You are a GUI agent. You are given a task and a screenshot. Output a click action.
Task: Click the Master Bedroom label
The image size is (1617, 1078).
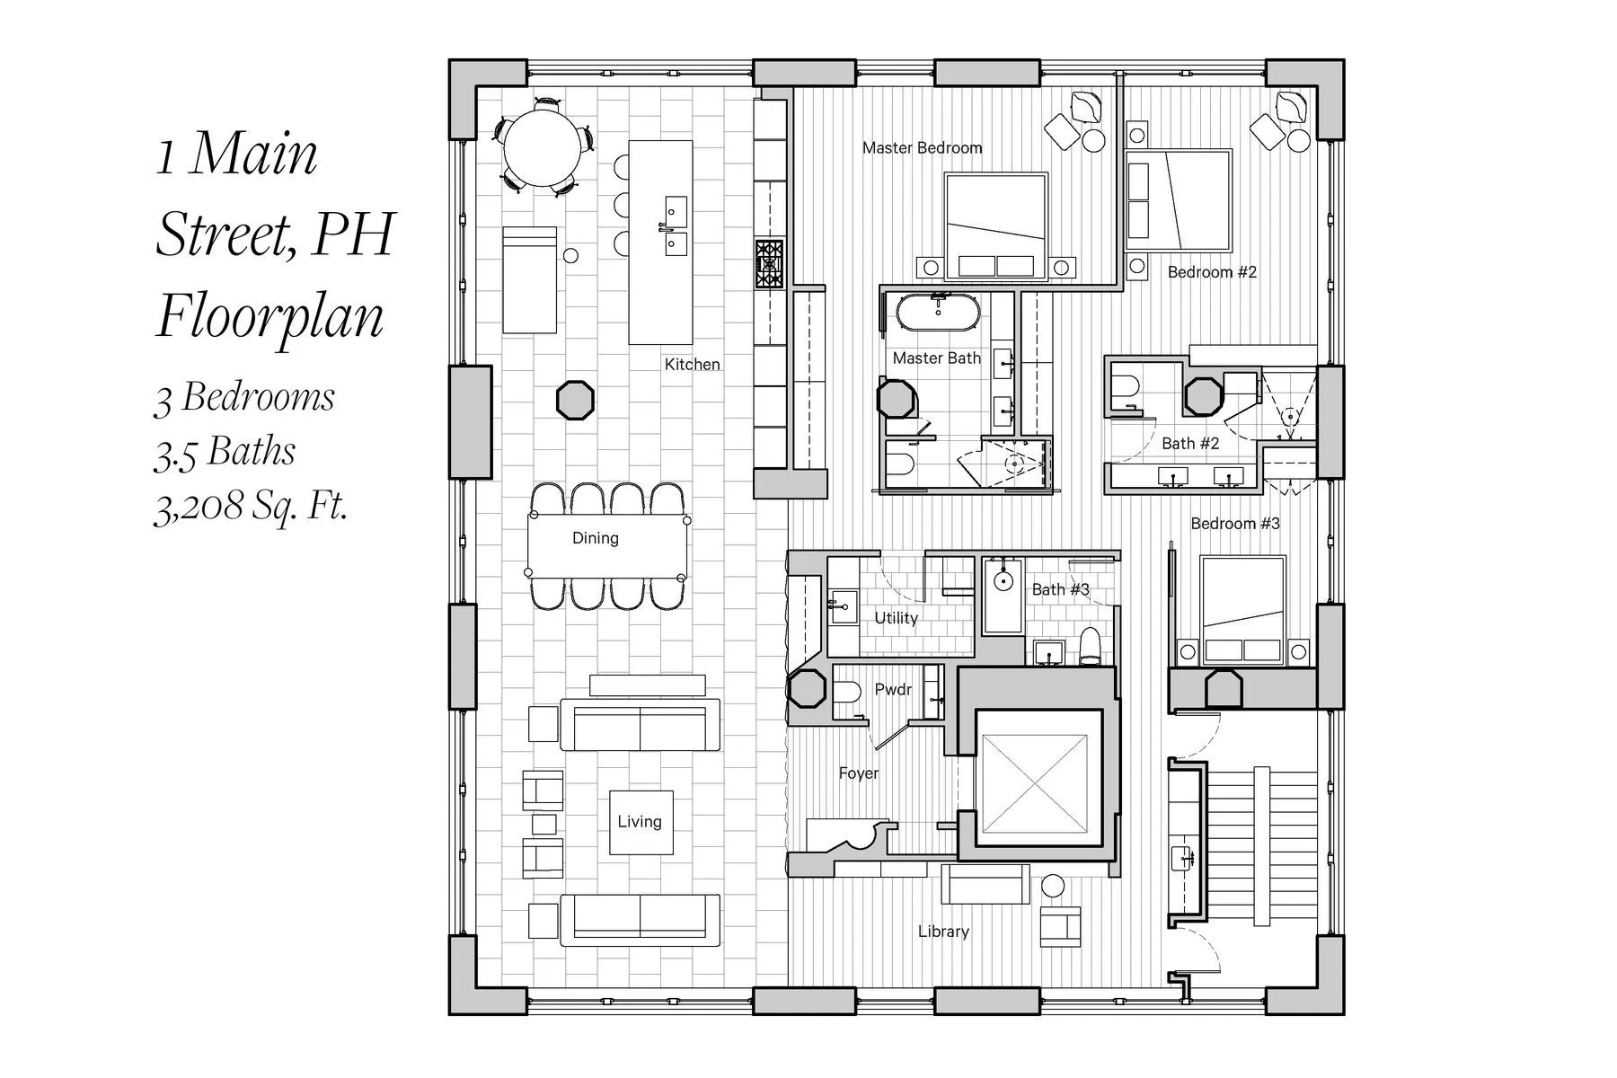(922, 147)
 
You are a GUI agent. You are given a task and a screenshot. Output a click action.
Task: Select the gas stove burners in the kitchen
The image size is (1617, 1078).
(769, 264)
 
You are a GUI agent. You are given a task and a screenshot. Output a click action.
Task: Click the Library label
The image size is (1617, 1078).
(943, 932)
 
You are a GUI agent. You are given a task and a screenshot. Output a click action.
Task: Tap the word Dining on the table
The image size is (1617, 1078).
(595, 538)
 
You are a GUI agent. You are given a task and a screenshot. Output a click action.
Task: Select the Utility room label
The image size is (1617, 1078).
(896, 618)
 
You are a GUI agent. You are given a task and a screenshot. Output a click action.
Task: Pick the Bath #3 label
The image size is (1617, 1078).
(1060, 589)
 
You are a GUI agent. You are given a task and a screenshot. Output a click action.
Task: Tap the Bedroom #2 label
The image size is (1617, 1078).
(1212, 272)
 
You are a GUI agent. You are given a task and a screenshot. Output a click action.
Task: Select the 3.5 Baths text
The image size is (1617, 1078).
(225, 452)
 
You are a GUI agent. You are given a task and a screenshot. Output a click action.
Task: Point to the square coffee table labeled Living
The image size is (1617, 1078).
(641, 822)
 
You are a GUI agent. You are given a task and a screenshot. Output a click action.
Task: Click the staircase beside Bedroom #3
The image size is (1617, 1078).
(1263, 842)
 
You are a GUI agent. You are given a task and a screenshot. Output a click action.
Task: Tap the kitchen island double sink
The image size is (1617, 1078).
(675, 226)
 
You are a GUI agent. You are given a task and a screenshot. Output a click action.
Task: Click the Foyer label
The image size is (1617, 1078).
(858, 773)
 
